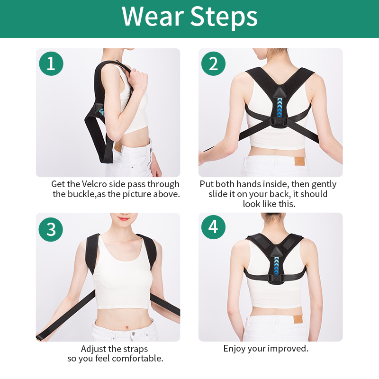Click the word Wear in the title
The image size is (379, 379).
(x=153, y=17)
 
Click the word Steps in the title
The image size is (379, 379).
(x=224, y=18)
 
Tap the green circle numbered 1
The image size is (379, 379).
(x=51, y=63)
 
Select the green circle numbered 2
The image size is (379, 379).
(x=214, y=63)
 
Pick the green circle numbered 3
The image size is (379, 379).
(x=51, y=229)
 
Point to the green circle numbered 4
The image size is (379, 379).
(x=214, y=227)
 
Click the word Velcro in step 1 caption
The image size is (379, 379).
(x=94, y=184)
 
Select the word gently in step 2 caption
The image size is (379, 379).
(x=324, y=185)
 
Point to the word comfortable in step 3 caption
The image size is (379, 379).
(x=138, y=359)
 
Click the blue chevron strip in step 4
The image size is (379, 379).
(x=277, y=266)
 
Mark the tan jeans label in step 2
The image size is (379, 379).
(x=299, y=161)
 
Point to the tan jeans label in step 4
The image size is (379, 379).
(x=298, y=319)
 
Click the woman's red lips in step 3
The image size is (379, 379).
(x=124, y=219)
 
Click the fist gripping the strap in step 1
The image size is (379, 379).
(x=138, y=80)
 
